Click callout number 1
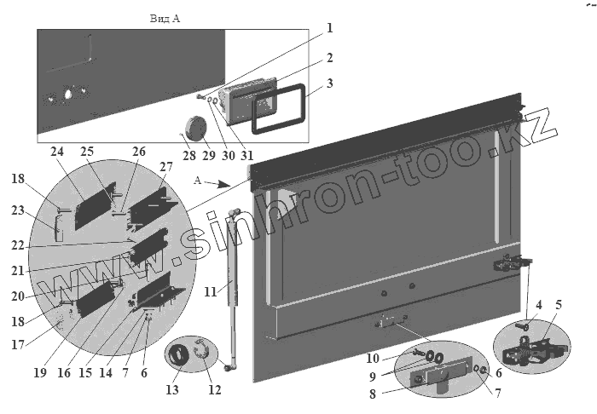(329, 28)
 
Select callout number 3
(329, 85)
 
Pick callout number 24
(56, 152)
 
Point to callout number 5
(559, 304)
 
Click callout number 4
(539, 304)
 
